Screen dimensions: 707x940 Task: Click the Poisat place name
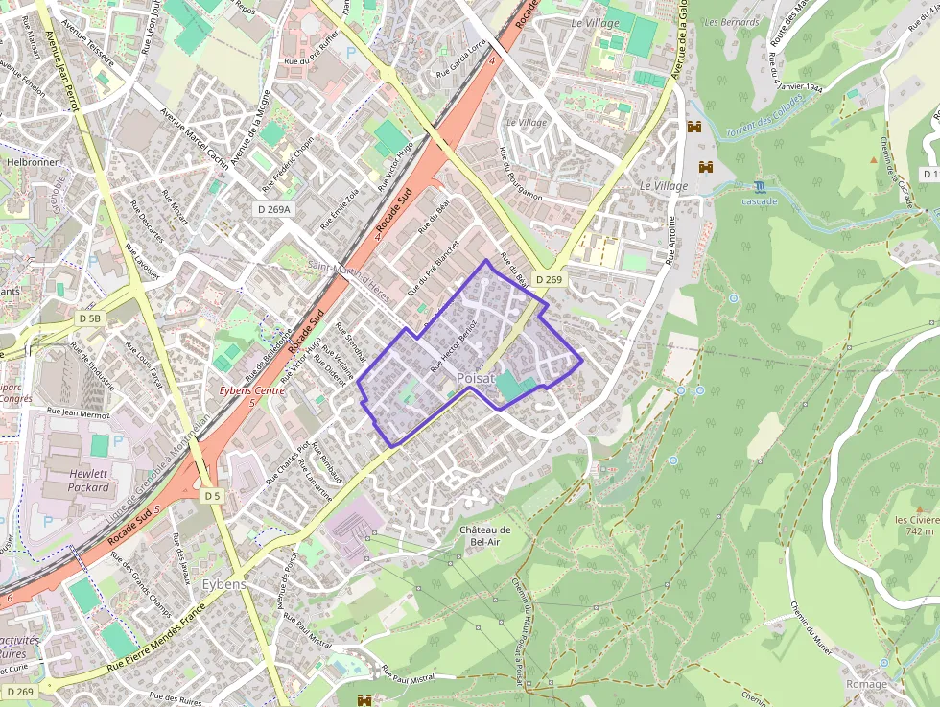(x=475, y=379)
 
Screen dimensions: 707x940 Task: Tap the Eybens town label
(x=224, y=584)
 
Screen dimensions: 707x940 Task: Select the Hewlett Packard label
(x=89, y=481)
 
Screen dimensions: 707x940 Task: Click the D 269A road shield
(x=275, y=208)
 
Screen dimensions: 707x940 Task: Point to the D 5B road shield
(x=90, y=318)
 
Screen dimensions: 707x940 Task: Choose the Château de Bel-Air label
(x=484, y=535)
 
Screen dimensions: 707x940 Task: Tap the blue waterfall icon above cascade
(x=760, y=186)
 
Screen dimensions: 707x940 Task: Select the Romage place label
(x=866, y=684)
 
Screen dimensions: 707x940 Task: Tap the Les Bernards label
(x=732, y=22)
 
